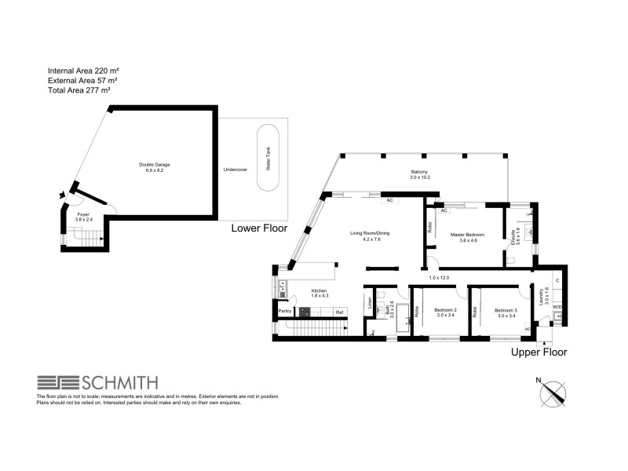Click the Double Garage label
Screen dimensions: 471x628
155,164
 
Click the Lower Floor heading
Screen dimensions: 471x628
259,228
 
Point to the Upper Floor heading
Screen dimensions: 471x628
539,352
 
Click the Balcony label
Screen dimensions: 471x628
420,173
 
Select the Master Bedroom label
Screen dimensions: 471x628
467,235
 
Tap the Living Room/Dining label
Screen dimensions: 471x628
371,233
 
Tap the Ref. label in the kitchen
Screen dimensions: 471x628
340,312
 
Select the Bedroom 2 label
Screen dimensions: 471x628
445,310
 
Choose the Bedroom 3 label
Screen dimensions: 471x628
505,310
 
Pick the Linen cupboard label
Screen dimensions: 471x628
368,302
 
